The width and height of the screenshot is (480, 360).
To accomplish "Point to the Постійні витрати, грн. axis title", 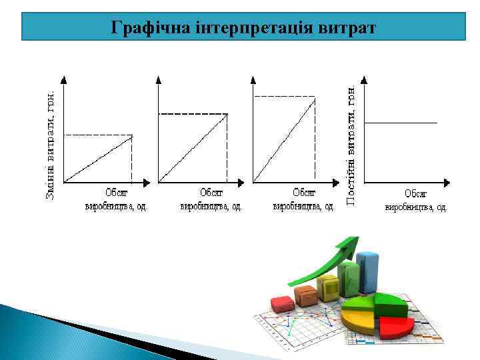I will [351, 143].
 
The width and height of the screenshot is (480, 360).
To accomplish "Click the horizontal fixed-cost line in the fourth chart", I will [401, 123].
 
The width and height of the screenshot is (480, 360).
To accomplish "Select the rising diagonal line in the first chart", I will [98, 159].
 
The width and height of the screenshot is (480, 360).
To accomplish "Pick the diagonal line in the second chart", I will [193, 147].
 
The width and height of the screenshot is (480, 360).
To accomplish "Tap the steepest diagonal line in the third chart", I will [285, 139].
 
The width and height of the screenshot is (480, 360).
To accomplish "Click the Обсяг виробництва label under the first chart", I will [117, 199].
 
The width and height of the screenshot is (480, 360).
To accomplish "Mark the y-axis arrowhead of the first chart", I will [63, 79].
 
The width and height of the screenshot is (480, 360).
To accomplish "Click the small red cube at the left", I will [283, 304].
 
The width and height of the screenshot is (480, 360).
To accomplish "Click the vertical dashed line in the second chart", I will [227, 147].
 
